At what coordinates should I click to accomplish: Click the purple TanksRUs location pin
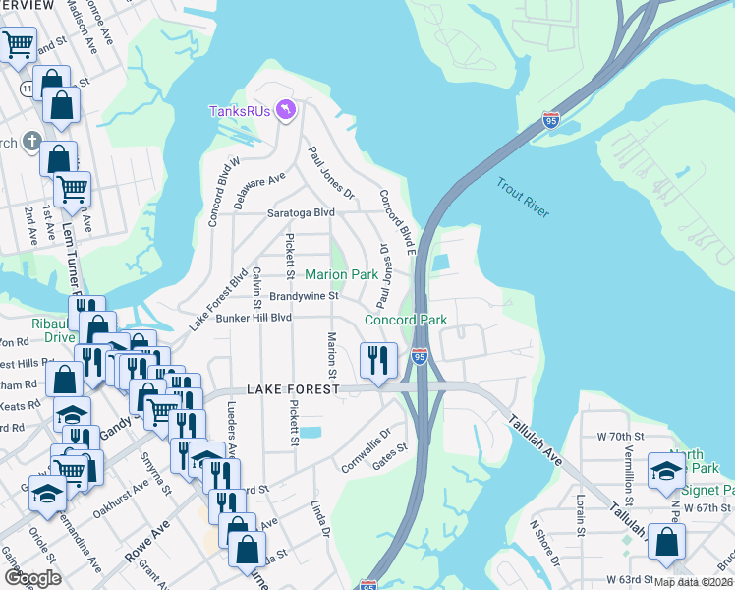[286, 108]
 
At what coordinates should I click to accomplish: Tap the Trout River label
[522, 197]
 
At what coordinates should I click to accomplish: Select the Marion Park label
[341, 274]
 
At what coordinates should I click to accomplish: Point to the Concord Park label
[406, 320]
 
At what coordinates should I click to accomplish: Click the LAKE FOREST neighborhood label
[292, 389]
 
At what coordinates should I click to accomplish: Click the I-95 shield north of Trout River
[551, 121]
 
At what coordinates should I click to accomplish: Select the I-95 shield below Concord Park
[420, 356]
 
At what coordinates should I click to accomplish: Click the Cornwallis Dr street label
[367, 447]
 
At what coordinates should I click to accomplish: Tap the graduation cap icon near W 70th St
[666, 470]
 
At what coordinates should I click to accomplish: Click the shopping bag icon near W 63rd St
[667, 542]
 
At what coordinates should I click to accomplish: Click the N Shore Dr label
[544, 545]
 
